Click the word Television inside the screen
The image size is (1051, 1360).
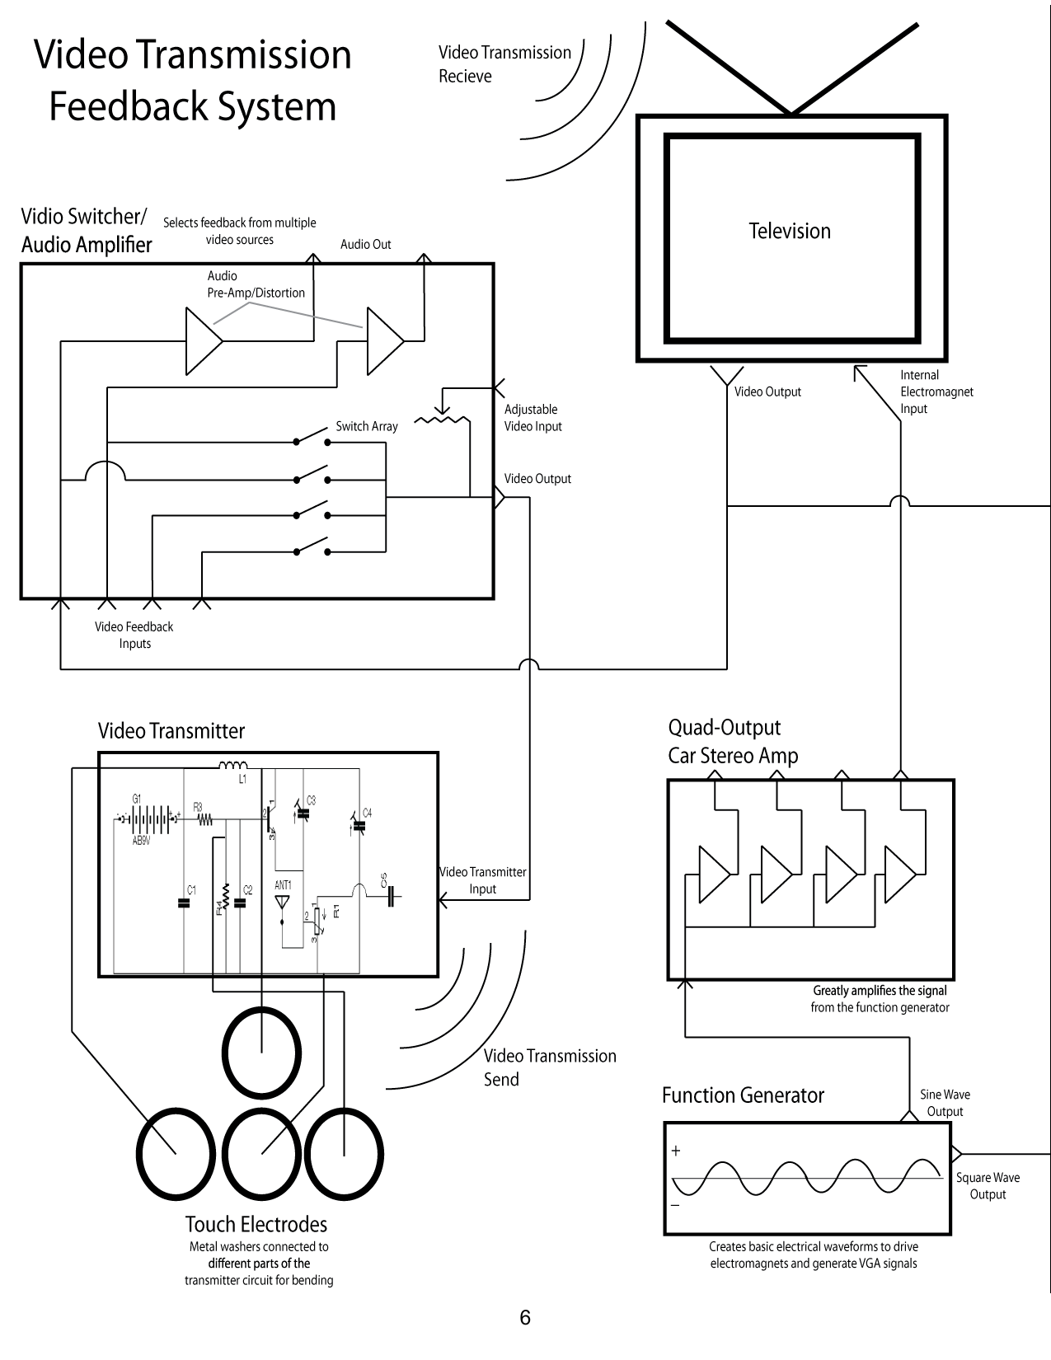click(790, 231)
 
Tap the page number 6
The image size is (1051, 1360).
click(525, 1317)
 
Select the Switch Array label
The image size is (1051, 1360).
click(367, 426)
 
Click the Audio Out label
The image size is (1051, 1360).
click(365, 244)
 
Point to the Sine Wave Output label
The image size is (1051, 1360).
click(945, 1103)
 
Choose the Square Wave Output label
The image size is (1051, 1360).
click(988, 1185)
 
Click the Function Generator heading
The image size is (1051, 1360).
click(743, 1095)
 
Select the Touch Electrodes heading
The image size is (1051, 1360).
click(256, 1223)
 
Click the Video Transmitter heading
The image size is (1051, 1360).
click(171, 730)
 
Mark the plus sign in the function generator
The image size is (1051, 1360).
click(676, 1151)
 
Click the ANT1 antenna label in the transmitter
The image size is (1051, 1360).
click(283, 885)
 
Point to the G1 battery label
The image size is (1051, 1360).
click(137, 799)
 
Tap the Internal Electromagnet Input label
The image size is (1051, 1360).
click(936, 392)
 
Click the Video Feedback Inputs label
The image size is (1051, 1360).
click(134, 635)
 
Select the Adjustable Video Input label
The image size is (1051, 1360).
click(533, 417)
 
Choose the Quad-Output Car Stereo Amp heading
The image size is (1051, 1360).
click(733, 742)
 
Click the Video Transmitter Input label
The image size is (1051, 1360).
click(482, 880)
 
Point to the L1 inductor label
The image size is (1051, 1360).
click(243, 779)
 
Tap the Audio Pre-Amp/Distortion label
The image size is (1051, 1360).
click(256, 284)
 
